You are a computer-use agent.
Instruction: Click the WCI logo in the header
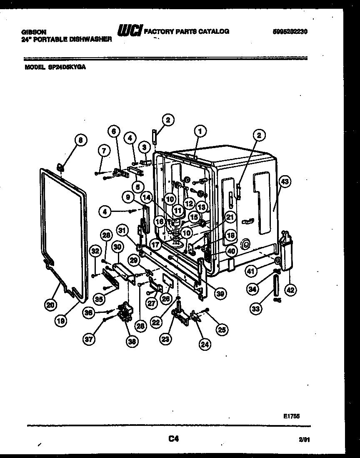130,30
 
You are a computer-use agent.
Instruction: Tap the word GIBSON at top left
34,32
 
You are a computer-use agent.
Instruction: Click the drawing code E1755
291,416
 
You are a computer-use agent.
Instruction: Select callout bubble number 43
285,181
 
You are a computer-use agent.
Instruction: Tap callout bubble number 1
200,132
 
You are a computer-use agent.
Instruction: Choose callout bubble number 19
61,321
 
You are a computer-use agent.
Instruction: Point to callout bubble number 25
221,330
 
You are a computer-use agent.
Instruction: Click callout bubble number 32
96,251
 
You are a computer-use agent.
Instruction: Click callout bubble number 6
113,131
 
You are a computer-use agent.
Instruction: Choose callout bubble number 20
50,305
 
